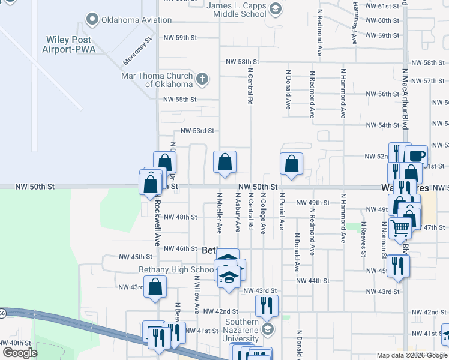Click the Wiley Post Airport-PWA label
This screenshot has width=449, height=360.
click(70, 44)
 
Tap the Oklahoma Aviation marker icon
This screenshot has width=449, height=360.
click(92, 20)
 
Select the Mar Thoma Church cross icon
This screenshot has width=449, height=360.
click(202, 78)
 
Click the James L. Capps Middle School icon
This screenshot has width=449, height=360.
click(275, 8)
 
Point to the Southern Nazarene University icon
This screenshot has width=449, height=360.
click(267, 328)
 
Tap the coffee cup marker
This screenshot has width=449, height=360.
click(415, 155)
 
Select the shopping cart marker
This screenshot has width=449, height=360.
click(399, 227)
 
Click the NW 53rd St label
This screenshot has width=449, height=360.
click(197, 131)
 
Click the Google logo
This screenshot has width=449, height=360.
click(20, 352)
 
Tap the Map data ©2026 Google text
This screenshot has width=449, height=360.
click(411, 355)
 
